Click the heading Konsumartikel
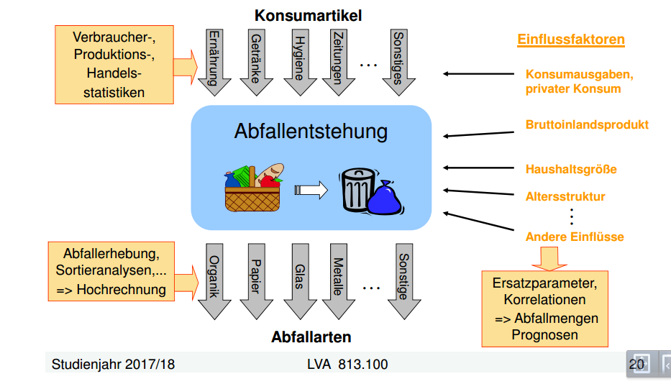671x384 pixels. coord(308,14)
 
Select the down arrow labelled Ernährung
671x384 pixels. coord(214,60)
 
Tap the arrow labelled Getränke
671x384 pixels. coord(255,60)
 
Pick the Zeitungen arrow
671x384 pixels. coord(335,60)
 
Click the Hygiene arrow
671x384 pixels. coord(296,60)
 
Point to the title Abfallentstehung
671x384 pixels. coord(310,132)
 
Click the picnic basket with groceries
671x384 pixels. coord(252,188)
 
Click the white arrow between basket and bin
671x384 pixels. coord(311,191)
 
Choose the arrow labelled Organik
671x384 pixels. coord(214,280)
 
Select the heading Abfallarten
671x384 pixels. coord(311,337)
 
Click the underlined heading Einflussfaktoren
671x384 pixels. coord(570,40)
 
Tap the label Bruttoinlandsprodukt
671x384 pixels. coord(587,125)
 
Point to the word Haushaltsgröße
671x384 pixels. coord(571,170)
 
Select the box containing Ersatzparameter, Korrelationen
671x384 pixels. coord(544,308)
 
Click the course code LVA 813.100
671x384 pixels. coord(347,365)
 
